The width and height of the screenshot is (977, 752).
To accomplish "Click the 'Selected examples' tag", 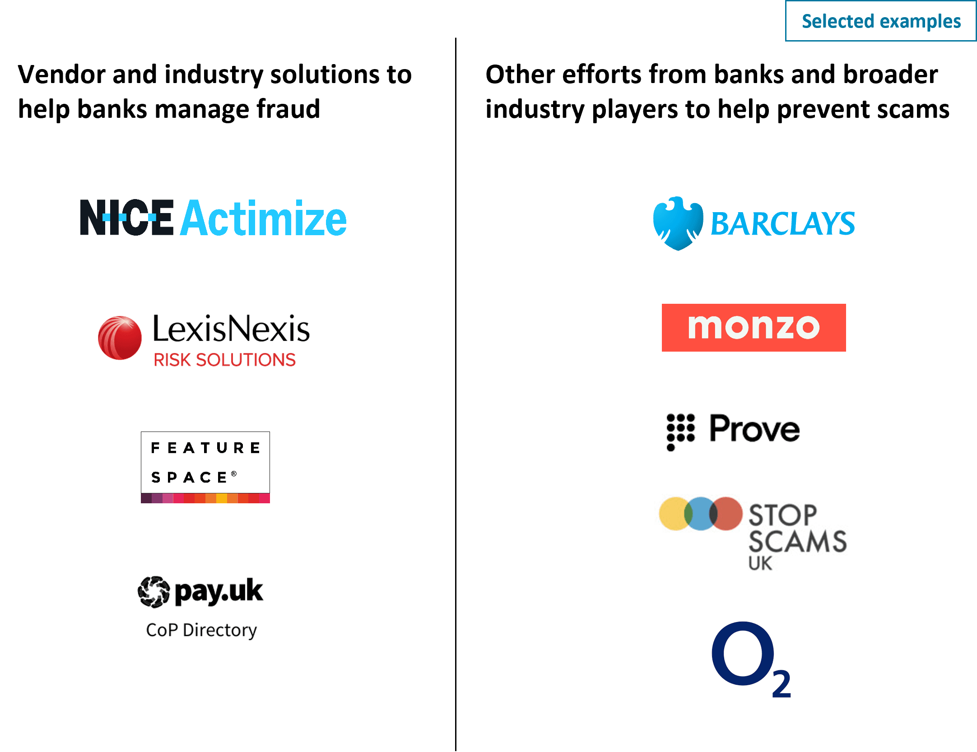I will (880, 21).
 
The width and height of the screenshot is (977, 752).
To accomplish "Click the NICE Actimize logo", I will (213, 218).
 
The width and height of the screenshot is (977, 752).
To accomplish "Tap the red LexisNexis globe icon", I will (120, 338).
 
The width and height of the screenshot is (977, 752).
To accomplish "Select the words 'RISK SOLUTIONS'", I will (224, 360).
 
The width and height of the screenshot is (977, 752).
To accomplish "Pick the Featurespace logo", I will (205, 462).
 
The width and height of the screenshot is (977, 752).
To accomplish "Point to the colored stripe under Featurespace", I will (205, 498).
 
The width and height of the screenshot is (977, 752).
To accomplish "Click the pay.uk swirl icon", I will (154, 591).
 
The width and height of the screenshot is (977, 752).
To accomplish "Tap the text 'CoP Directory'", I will (201, 630).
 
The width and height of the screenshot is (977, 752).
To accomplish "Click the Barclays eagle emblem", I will (677, 223).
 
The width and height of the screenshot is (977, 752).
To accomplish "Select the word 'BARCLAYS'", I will (783, 224).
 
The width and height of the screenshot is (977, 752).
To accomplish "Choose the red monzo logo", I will (754, 328).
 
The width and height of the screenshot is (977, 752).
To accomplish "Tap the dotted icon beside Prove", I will (681, 431).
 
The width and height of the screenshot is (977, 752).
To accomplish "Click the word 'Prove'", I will (754, 429).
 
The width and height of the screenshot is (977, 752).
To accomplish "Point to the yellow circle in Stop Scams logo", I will (673, 514).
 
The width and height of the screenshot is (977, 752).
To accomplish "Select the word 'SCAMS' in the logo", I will (797, 541).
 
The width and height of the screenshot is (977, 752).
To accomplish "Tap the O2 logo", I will (751, 659).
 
